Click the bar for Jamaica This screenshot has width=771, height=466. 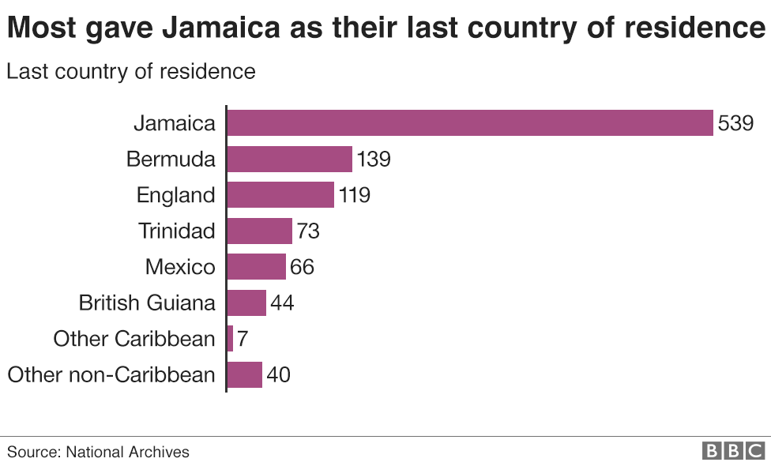click(x=470, y=123)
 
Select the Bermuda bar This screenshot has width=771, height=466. click(x=289, y=159)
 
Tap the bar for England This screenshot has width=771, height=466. click(x=280, y=195)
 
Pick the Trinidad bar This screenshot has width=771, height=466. click(x=259, y=231)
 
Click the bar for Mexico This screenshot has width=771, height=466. click(x=256, y=267)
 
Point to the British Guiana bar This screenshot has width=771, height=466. click(x=246, y=303)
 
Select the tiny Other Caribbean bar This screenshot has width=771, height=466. click(x=230, y=339)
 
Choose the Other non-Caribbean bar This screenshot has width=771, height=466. click(x=244, y=374)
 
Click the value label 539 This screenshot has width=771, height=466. click(x=736, y=123)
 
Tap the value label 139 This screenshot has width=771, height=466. click(x=374, y=159)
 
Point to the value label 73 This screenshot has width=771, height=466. click(x=307, y=231)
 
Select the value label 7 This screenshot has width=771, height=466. click(x=243, y=339)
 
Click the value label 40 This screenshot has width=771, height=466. click(x=278, y=374)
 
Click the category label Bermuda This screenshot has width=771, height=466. click(x=171, y=159)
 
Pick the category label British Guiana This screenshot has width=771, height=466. click(x=147, y=303)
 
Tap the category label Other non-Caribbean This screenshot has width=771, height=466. click(x=111, y=374)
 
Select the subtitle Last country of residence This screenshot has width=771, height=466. click(x=131, y=71)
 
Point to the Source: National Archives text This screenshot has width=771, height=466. click(x=99, y=452)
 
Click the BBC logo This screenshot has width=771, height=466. click(x=733, y=451)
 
